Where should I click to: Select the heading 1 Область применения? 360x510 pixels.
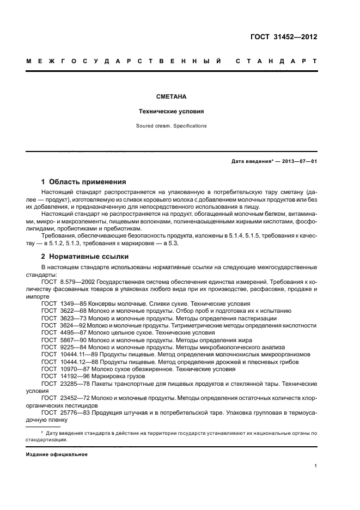click(x=84, y=181)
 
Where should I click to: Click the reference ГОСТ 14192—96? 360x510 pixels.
click(x=62, y=376)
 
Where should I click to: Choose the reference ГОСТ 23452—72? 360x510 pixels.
click(x=62, y=398)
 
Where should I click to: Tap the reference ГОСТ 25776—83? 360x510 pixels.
click(x=62, y=413)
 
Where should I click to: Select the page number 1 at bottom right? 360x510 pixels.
click(x=316, y=466)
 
